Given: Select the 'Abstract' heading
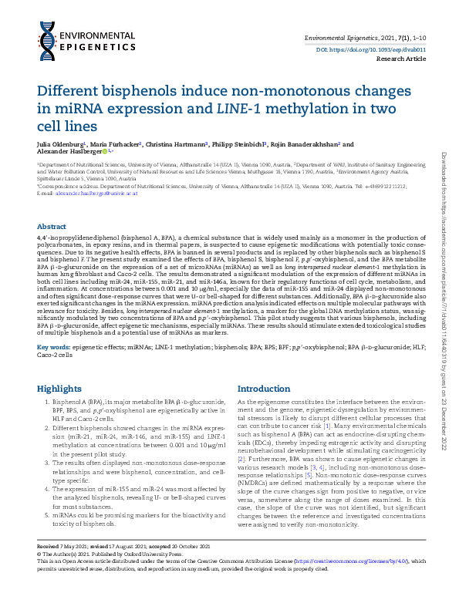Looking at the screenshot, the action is pos(52,226).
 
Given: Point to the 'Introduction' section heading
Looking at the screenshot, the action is pos(265,389).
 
